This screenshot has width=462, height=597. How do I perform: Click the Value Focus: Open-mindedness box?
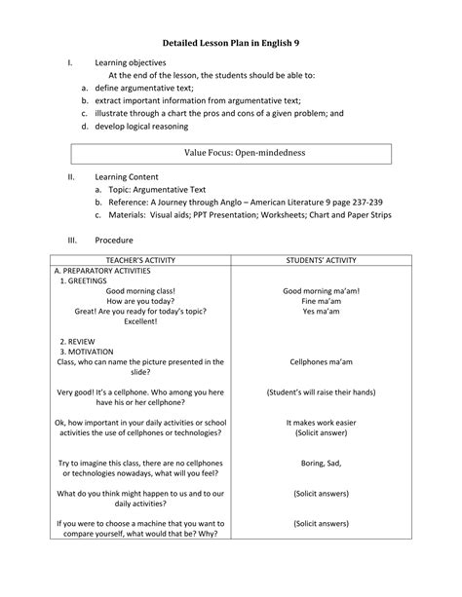[231, 154]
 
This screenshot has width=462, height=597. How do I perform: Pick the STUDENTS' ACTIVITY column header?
[322, 261]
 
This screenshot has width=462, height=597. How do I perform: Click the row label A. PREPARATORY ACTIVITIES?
[101, 272]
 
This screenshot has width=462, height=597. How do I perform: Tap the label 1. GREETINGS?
[85, 281]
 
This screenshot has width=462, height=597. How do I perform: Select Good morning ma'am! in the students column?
[322, 291]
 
